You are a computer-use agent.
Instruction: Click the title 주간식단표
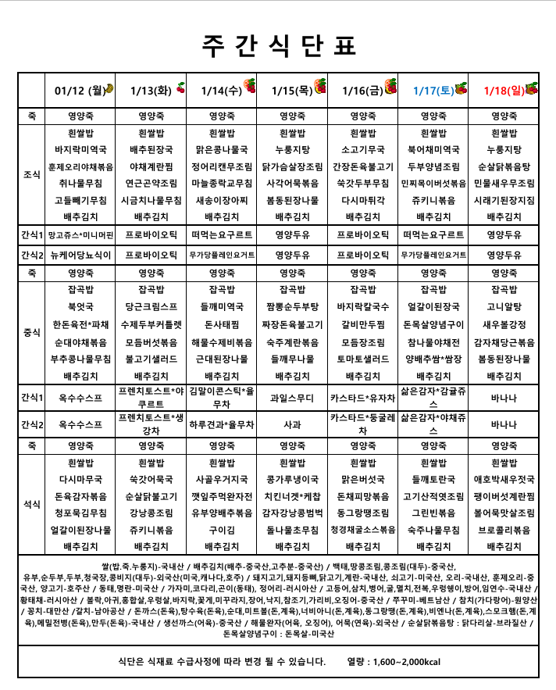(277, 45)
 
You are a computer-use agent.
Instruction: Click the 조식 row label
(32, 174)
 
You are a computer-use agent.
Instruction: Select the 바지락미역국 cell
(81, 148)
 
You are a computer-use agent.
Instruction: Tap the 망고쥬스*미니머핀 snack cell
(81, 234)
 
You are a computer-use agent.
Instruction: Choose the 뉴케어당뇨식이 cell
(81, 254)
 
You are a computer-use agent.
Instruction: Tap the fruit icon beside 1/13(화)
(181, 88)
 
